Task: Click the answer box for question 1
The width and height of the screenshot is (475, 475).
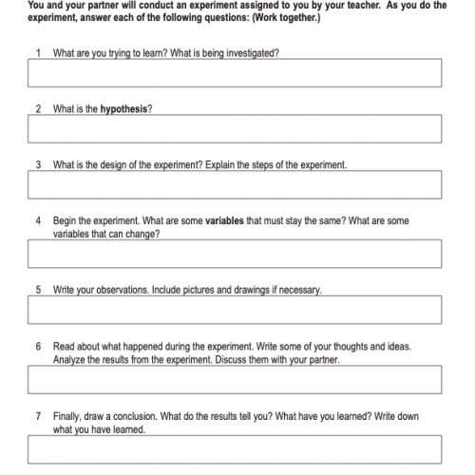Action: [x=235, y=73]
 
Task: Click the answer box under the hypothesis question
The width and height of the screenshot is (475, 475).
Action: [x=235, y=128]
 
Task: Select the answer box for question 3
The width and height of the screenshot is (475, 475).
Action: [x=235, y=184]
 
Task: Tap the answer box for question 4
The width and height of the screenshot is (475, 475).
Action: [x=235, y=253]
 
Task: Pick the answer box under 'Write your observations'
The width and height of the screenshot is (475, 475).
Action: [x=235, y=310]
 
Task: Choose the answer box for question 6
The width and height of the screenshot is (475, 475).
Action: [x=235, y=380]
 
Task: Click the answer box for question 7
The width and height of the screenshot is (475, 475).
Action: [x=235, y=448]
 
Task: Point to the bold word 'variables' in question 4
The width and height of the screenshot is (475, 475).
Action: [x=225, y=220]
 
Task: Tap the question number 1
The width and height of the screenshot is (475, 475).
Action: [x=38, y=52]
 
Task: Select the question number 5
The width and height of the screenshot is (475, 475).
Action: [x=38, y=289]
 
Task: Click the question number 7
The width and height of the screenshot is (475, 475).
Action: [x=38, y=416]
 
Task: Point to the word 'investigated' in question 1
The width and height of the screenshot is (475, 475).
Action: [x=254, y=52]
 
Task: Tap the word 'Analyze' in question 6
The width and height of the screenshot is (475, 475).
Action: [x=69, y=360]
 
